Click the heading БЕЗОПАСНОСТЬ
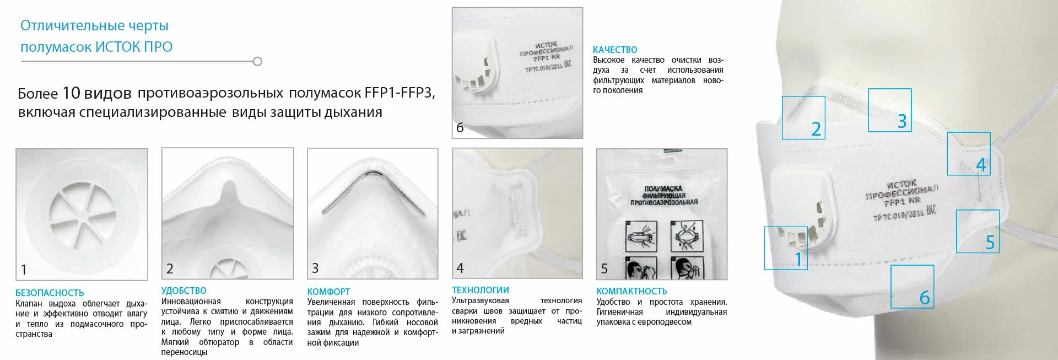(x=50, y=293)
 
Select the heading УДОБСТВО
(x=183, y=291)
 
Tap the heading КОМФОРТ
(x=328, y=292)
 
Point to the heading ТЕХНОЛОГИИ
(x=481, y=290)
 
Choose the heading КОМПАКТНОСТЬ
(x=631, y=291)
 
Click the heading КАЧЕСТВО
(x=615, y=50)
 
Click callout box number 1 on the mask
(x=786, y=248)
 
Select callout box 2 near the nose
(x=803, y=117)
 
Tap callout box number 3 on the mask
(x=889, y=110)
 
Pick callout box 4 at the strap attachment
(x=968, y=153)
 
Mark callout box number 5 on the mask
(x=978, y=231)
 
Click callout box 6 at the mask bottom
(x=912, y=286)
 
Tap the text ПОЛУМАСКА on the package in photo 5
(x=663, y=189)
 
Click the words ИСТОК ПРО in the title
(x=134, y=47)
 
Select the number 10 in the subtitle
(x=71, y=93)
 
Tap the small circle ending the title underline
(x=257, y=61)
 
